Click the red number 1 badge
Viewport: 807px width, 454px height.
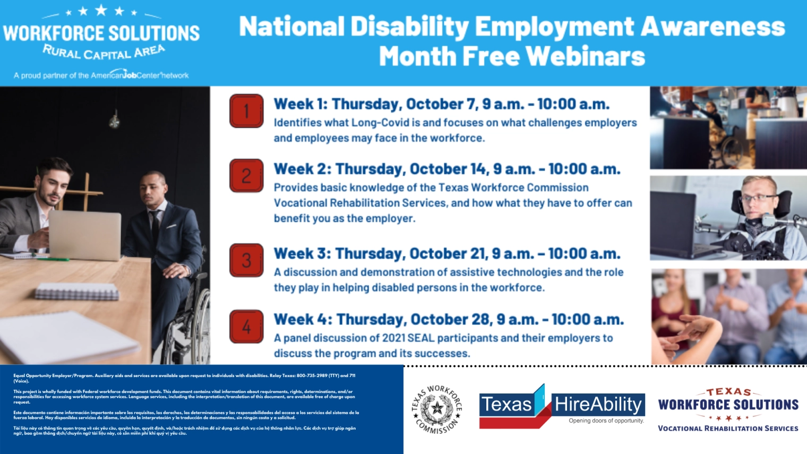click(x=246, y=111)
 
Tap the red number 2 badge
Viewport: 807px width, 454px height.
click(x=246, y=176)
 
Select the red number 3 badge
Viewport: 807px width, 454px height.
click(x=246, y=260)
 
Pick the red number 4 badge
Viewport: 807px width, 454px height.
click(x=246, y=327)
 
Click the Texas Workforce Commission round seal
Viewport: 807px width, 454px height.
click(x=436, y=409)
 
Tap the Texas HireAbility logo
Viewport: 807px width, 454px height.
click(x=562, y=407)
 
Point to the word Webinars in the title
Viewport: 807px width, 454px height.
click(x=585, y=56)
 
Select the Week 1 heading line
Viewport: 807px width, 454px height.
click(x=441, y=104)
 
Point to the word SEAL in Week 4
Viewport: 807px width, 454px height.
click(x=420, y=338)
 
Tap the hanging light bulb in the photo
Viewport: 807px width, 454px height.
click(x=114, y=122)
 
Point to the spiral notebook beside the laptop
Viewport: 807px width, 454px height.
click(x=78, y=292)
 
